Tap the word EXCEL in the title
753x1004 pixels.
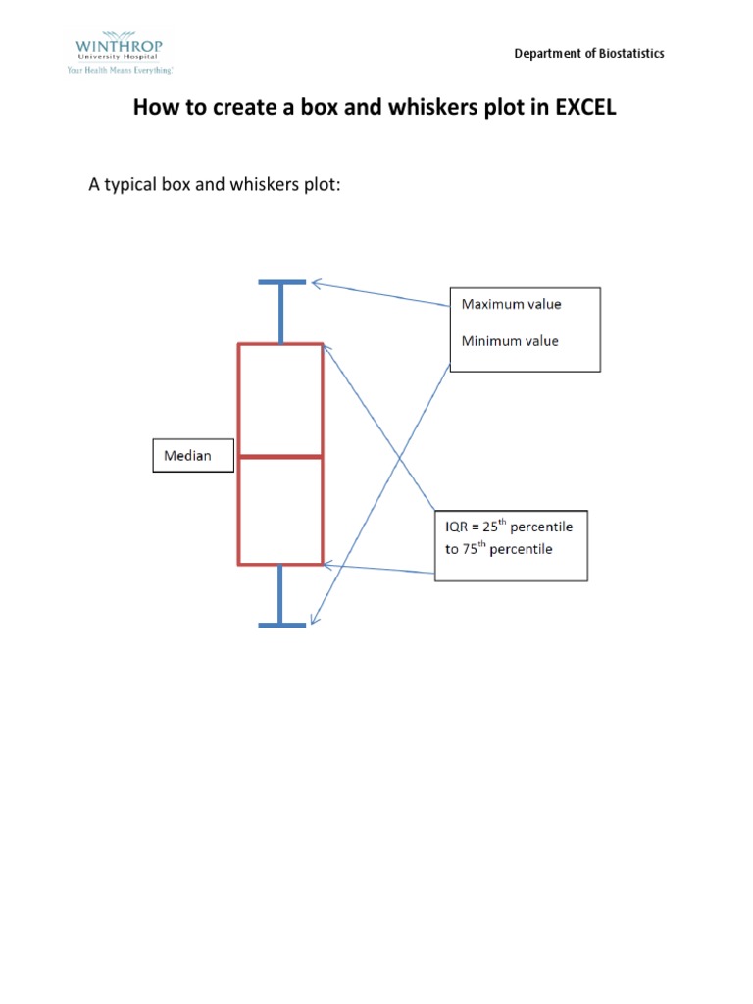point(585,107)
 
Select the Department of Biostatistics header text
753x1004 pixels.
point(589,53)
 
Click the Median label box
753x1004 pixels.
point(193,455)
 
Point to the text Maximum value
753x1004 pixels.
point(511,304)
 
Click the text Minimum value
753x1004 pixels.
point(510,341)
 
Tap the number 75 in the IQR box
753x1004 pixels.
point(470,549)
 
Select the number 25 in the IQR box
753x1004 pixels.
point(490,527)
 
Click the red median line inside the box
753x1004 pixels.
point(280,457)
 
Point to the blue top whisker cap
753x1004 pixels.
point(281,282)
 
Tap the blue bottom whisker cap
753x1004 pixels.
point(281,625)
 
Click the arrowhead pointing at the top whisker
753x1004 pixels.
point(316,283)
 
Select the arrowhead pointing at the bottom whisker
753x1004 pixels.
point(314,619)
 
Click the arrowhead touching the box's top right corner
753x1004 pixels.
point(326,350)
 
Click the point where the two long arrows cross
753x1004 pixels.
point(399,457)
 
